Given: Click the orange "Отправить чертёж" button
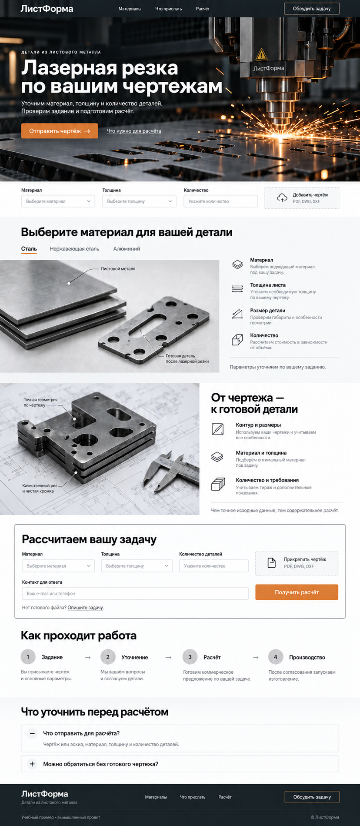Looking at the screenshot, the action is click(x=60, y=131).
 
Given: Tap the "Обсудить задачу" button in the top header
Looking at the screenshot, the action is click(x=312, y=9).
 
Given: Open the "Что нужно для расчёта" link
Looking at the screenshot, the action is click(x=134, y=131).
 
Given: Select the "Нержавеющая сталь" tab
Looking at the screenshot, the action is click(x=74, y=249).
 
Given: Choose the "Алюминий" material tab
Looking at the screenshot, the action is click(x=127, y=249).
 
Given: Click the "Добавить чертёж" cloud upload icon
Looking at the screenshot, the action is click(x=282, y=198).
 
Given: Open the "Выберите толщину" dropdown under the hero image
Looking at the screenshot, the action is click(x=139, y=201).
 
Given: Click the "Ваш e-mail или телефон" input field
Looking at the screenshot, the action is click(x=135, y=593).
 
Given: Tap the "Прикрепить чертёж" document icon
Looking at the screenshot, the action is click(x=272, y=562).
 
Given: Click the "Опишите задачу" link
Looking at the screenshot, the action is click(x=86, y=608).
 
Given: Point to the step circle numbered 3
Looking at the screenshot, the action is click(x=190, y=657).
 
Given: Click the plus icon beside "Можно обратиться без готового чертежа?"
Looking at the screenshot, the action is click(x=32, y=764).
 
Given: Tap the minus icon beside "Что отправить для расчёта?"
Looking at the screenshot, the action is click(x=32, y=733).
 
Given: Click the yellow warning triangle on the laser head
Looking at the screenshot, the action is click(x=261, y=54).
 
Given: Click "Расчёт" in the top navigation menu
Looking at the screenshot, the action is click(x=203, y=9).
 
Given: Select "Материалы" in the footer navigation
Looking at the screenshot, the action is click(x=156, y=797).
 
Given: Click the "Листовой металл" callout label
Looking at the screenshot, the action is click(x=118, y=269).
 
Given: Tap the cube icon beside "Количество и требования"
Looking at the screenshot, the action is click(x=218, y=484).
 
